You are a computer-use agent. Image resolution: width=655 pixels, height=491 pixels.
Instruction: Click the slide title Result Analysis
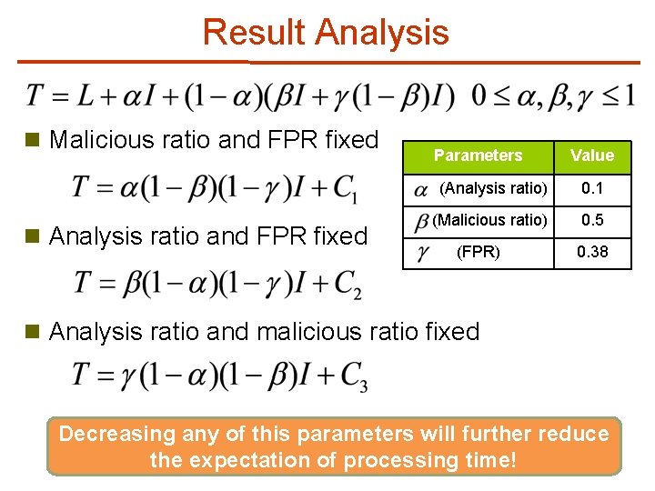[x=326, y=32]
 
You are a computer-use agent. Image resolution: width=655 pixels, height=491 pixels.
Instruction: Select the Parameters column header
[x=478, y=155]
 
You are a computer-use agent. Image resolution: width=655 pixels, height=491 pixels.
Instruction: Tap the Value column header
[x=592, y=155]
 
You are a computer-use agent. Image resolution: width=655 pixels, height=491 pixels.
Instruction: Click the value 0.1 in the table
[x=592, y=188]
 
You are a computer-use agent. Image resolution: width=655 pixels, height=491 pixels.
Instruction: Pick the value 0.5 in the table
[x=592, y=220]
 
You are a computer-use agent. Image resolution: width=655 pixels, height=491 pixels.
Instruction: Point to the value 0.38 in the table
[x=592, y=252]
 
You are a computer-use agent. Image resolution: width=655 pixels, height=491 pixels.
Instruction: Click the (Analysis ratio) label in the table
[x=493, y=188]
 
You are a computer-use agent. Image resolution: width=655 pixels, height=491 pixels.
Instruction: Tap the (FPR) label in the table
[x=478, y=252]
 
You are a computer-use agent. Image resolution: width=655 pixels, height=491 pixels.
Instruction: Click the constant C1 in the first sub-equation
[x=345, y=188]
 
